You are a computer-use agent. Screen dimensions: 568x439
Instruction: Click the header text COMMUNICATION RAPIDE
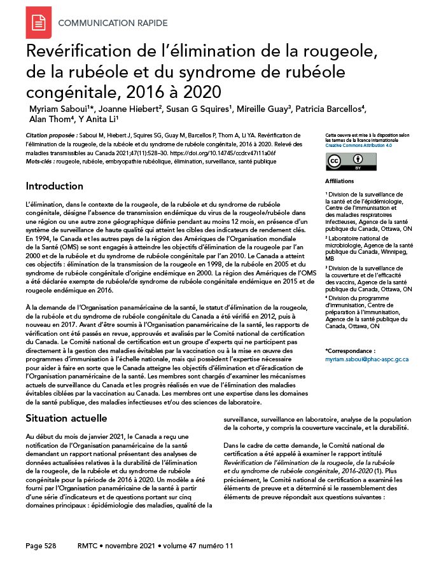113,24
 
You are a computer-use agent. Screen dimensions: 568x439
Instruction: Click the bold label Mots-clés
39,162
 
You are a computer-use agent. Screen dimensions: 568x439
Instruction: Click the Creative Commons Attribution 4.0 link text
358,145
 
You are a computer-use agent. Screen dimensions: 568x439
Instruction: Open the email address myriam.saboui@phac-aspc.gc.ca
366,359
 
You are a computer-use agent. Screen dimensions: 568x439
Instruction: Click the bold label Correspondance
350,351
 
